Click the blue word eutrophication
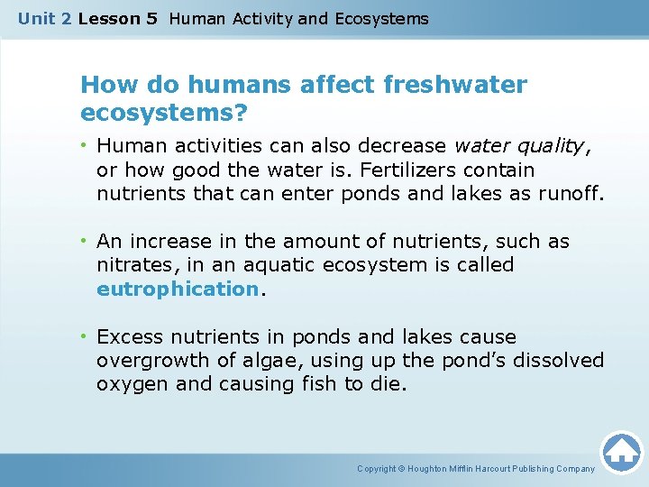coord(178,289)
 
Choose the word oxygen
coord(127,385)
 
